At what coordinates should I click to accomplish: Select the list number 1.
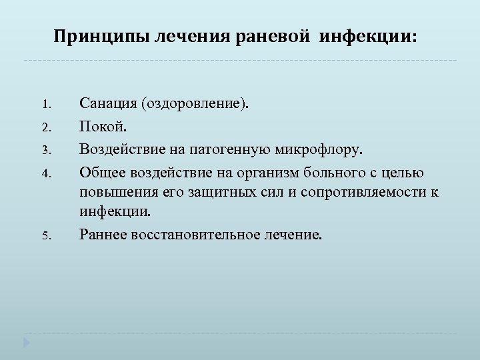(x=45, y=105)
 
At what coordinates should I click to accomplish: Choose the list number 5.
(x=45, y=235)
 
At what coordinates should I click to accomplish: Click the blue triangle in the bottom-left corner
(x=27, y=344)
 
